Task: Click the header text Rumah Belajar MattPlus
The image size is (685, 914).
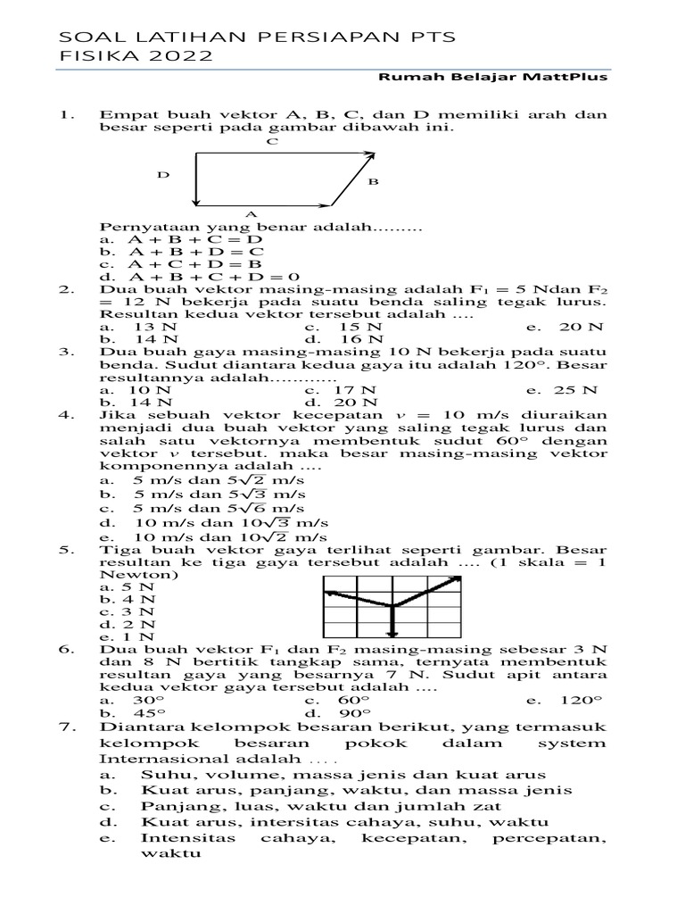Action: point(493,78)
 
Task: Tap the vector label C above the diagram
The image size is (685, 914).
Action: point(271,141)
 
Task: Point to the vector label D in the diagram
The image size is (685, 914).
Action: point(163,175)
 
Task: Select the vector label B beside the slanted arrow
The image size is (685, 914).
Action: point(373,182)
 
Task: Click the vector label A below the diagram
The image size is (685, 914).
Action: point(251,214)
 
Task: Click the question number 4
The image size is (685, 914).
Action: point(64,415)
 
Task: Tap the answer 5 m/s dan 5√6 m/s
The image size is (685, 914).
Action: point(219,508)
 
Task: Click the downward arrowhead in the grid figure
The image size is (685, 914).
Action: point(392,633)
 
